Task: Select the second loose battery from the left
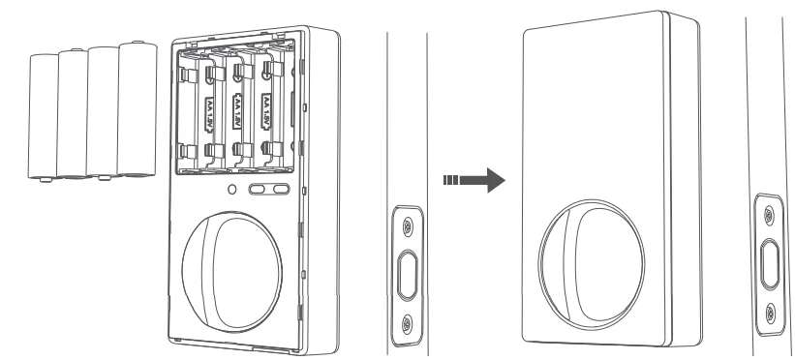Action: click(x=73, y=114)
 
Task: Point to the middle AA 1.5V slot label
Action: click(x=238, y=110)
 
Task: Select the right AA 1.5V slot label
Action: click(x=266, y=110)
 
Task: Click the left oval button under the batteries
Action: click(x=259, y=191)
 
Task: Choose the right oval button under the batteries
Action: click(x=280, y=191)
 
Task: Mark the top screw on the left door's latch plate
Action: click(x=408, y=225)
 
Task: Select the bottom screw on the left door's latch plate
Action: click(x=408, y=321)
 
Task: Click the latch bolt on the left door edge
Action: click(x=408, y=272)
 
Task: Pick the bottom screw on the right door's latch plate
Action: click(x=770, y=312)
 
